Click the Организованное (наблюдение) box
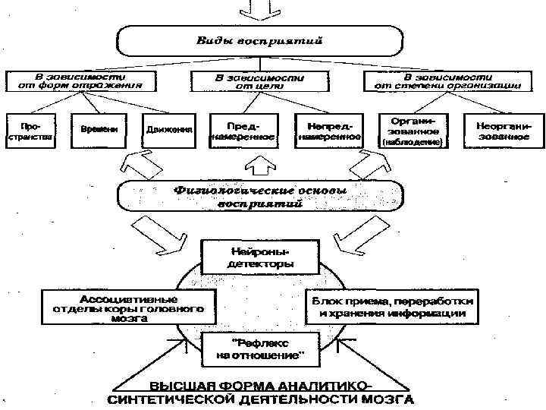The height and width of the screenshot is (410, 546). pyautogui.click(x=413, y=131)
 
